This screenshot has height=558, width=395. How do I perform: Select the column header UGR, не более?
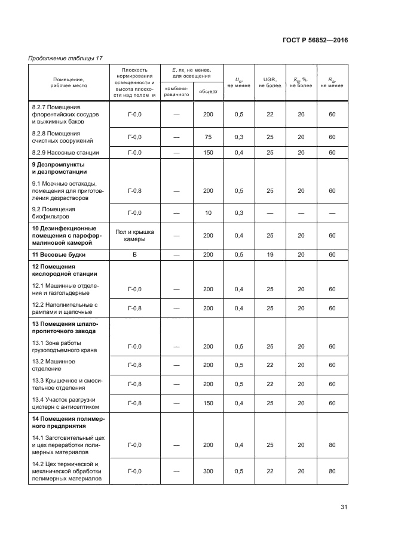[270, 82]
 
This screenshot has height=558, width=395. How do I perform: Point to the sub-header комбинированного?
[176, 91]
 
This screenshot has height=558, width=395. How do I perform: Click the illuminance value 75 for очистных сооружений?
[208, 137]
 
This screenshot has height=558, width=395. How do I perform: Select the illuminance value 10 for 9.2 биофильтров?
[208, 213]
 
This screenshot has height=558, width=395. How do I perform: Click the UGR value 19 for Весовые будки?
[270, 255]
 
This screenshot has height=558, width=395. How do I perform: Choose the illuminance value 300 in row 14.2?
[208, 471]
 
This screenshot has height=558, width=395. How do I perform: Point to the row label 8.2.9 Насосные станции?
[65, 153]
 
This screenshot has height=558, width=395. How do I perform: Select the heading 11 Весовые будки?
[59, 255]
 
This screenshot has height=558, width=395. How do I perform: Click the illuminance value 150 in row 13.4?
[208, 403]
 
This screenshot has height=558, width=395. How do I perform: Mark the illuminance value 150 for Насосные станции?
[208, 153]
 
